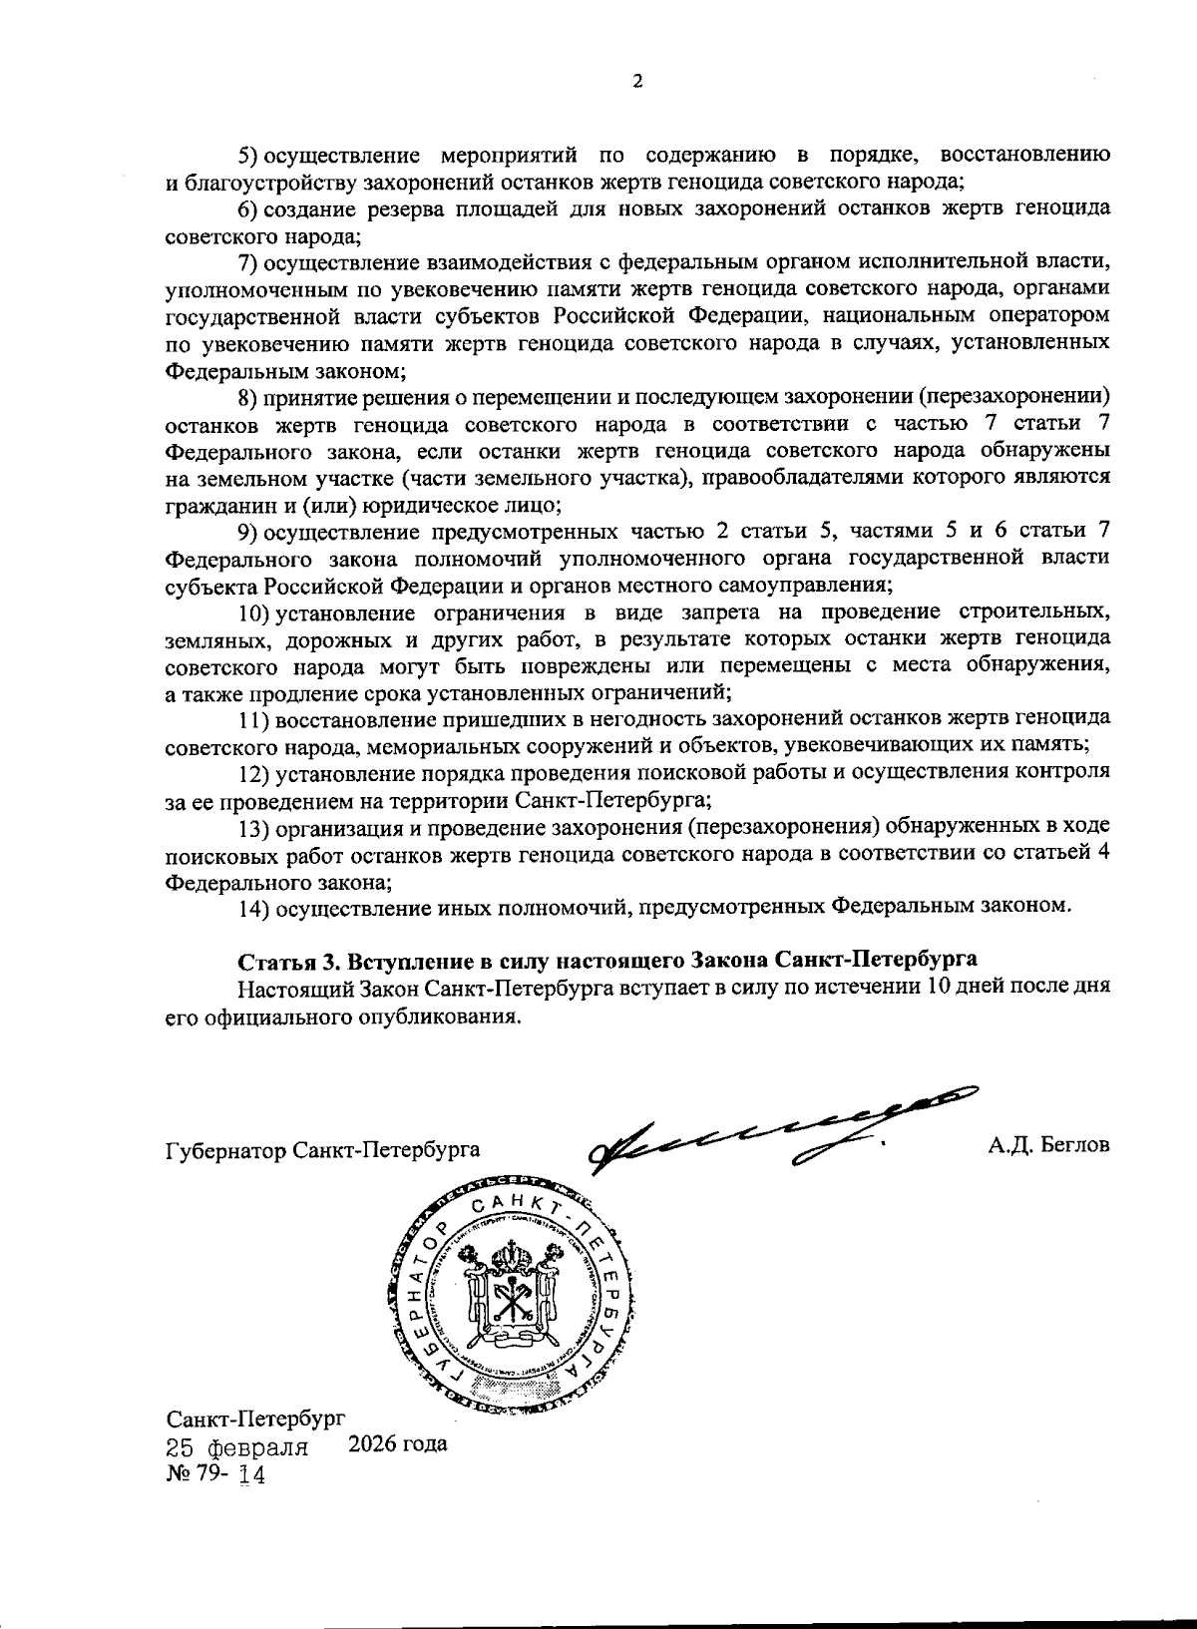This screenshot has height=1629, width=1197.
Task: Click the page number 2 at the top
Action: (636, 83)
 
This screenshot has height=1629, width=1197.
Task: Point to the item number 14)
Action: (254, 907)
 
